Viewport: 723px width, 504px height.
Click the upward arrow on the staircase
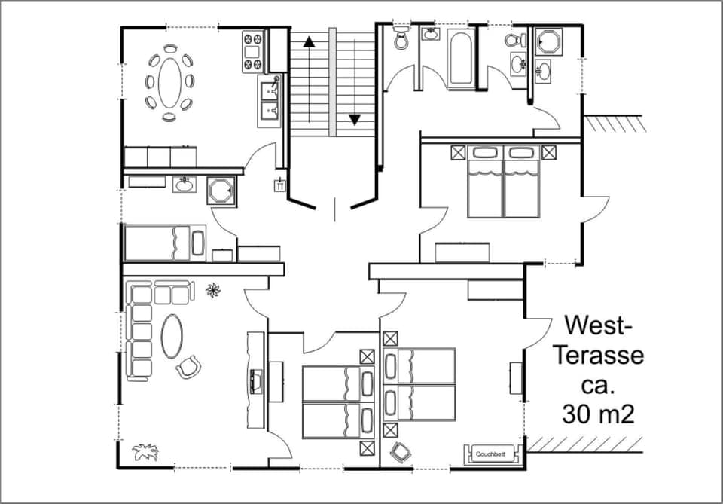pyautogui.click(x=309, y=42)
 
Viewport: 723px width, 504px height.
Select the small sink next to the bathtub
pyautogui.click(x=430, y=34)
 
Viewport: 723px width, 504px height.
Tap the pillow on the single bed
pyautogui.click(x=198, y=243)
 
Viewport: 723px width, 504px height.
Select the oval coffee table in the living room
pyautogui.click(x=173, y=336)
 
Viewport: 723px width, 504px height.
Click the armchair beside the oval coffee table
pyautogui.click(x=188, y=367)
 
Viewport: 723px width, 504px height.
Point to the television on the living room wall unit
pyautogui.click(x=255, y=379)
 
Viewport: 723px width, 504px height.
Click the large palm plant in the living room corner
pyautogui.click(x=145, y=451)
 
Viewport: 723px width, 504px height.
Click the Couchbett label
pyautogui.click(x=494, y=454)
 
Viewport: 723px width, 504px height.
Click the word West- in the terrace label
pyautogui.click(x=599, y=325)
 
